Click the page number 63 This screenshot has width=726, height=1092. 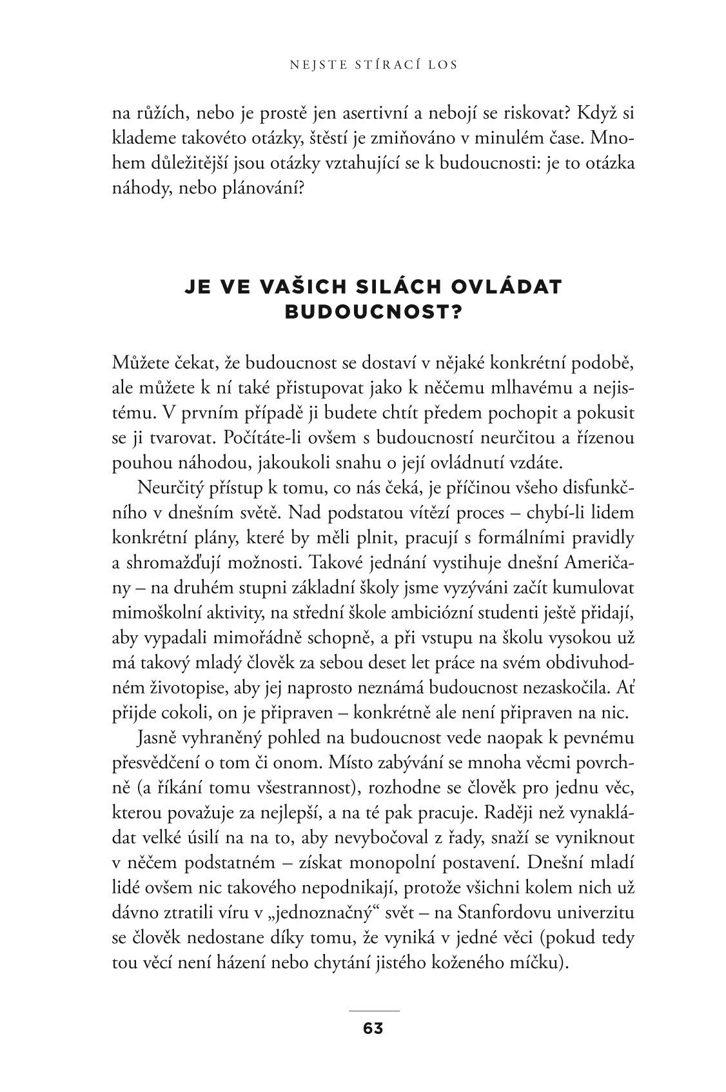point(373,1029)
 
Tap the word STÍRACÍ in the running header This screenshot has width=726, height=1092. point(373,65)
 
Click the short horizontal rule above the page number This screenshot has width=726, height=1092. point(373,1009)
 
